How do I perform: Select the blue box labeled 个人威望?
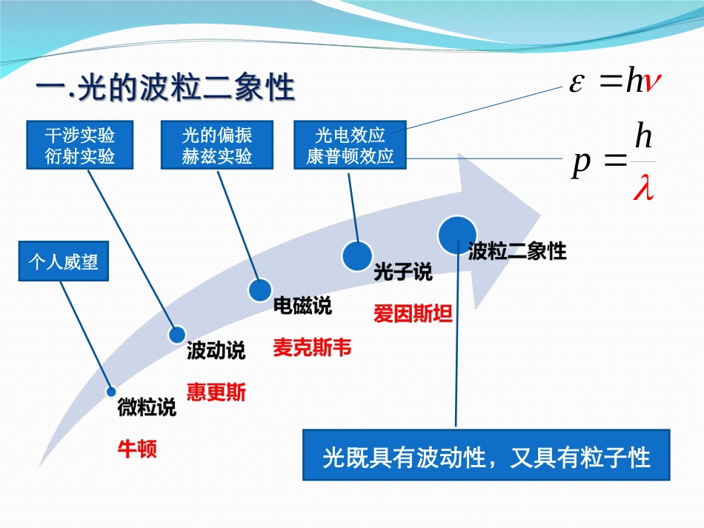point(63,263)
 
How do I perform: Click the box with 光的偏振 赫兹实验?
point(217,145)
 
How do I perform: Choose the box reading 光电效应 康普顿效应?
point(350,145)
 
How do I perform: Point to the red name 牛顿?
point(137,449)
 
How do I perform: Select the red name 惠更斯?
point(216,392)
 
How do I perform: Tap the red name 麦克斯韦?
point(312,348)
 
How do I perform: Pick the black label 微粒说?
point(147,407)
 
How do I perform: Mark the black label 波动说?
point(216,351)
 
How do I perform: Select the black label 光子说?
point(402,273)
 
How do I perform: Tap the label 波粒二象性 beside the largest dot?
point(517,252)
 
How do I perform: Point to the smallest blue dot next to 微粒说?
point(111,392)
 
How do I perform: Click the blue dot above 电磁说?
point(260,290)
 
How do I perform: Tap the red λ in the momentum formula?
point(642,190)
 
